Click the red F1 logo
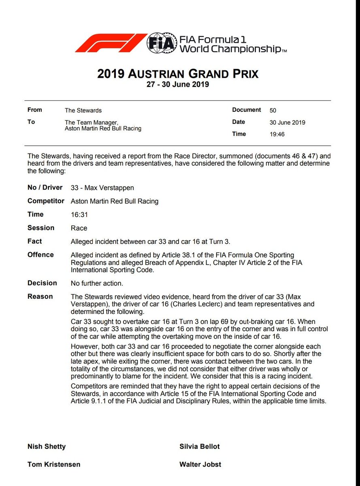click(x=111, y=43)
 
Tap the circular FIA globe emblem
click(x=161, y=43)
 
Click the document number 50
click(x=273, y=110)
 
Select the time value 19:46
click(x=277, y=134)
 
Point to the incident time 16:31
click(x=79, y=215)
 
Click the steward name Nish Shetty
click(x=47, y=447)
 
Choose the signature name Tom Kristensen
click(x=54, y=465)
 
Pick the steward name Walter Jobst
click(x=200, y=465)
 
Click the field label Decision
click(x=42, y=283)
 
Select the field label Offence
click(x=40, y=255)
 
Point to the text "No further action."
click(x=97, y=283)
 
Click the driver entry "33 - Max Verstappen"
click(x=102, y=188)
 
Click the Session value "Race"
click(x=79, y=228)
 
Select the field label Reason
click(x=40, y=296)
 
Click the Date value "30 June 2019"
click(x=288, y=122)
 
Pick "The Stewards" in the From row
click(x=83, y=110)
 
